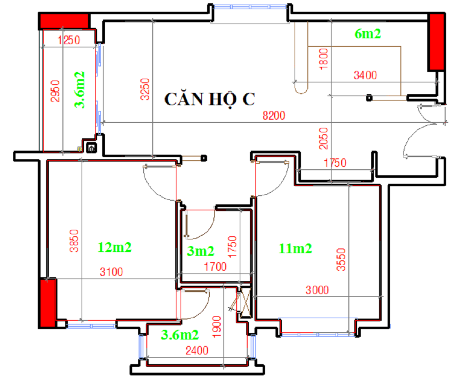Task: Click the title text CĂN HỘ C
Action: coord(209,99)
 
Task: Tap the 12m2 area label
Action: coord(114,248)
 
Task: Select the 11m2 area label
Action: coord(296,248)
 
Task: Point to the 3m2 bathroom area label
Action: coord(201,251)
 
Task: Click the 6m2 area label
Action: coord(368,34)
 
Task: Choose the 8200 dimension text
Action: coord(274,115)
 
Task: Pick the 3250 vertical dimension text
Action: coord(145,89)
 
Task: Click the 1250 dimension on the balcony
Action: coord(69,40)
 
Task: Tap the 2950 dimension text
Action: coord(55,91)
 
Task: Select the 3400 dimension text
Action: coord(365,75)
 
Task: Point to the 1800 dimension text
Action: coord(323,59)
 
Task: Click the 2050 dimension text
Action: coord(323,138)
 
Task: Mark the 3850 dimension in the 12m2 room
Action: coord(74,241)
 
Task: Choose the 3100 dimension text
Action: coord(111,272)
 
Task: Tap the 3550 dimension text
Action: coord(341,260)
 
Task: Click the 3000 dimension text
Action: coord(317,290)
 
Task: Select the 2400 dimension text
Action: coord(197,350)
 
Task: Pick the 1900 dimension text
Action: coord(217,327)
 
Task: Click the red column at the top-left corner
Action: coord(64,21)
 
